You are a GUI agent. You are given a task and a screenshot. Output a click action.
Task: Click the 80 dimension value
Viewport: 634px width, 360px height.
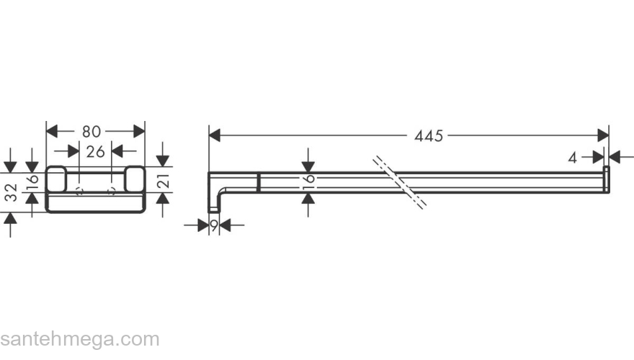pos(91,131)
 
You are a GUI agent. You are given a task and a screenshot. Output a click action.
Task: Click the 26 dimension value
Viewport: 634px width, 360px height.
pos(95,151)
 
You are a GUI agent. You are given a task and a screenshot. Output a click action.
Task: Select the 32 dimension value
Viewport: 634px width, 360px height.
pos(12,192)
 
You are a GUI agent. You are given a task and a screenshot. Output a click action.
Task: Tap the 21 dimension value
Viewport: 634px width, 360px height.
pos(164,179)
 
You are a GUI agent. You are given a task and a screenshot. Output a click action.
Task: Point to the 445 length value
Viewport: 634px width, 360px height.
pos(429,136)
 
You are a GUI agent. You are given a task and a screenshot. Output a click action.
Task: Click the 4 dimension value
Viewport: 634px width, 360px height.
pos(572,158)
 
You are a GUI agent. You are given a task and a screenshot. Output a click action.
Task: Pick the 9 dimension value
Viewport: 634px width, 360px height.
pos(214,225)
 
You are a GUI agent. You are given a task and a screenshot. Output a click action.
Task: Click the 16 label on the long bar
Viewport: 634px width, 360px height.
pos(308,183)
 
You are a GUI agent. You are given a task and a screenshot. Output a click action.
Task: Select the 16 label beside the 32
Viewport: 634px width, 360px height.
pos(32,182)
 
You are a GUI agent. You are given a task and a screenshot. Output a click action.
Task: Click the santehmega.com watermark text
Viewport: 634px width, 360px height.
pos(80,339)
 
